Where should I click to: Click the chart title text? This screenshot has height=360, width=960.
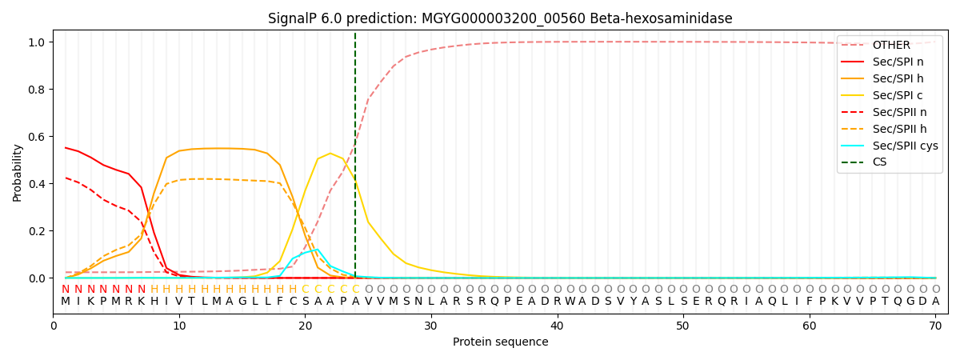pyautogui.click(x=500, y=18)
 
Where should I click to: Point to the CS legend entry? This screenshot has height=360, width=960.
pyautogui.click(x=879, y=162)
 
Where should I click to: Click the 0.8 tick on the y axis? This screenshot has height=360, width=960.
pyautogui.click(x=38, y=90)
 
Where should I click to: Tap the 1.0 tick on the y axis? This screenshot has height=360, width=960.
pyautogui.click(x=38, y=42)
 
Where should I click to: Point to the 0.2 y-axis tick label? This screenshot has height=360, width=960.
pyautogui.click(x=38, y=231)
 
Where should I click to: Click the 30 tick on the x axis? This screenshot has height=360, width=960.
pyautogui.click(x=431, y=326)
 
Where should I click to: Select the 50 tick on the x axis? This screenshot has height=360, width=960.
pyautogui.click(x=682, y=326)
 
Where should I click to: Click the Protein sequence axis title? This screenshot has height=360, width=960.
pyautogui.click(x=500, y=342)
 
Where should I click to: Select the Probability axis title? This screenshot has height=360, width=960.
pyautogui.click(x=18, y=172)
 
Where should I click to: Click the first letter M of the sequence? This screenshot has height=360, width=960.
pyautogui.click(x=66, y=302)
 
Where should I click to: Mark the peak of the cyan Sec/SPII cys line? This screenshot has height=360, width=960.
pyautogui.click(x=318, y=250)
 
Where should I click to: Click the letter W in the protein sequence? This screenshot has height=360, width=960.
pyautogui.click(x=570, y=302)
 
